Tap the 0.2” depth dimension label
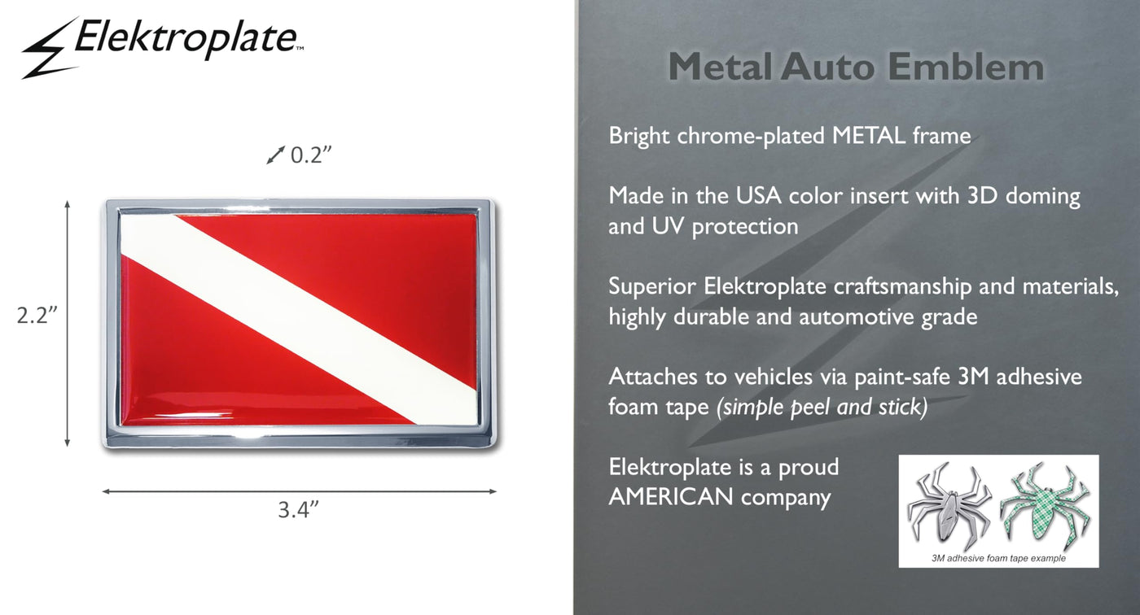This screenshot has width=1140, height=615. (x=311, y=155)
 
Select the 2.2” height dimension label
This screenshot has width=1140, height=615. (x=37, y=315)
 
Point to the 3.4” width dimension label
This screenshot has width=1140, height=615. (x=298, y=509)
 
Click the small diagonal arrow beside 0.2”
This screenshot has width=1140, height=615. (x=276, y=155)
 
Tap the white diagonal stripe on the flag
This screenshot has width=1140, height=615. (x=300, y=319)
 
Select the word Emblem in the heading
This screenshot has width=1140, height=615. (x=966, y=67)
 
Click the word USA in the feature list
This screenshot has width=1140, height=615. (x=758, y=196)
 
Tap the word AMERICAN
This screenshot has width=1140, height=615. (x=671, y=496)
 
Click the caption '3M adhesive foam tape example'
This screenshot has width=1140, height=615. (x=998, y=558)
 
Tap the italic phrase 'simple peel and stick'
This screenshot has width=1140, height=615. (x=822, y=407)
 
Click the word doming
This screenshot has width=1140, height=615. (x=1043, y=197)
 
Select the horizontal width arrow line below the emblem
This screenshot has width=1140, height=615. (x=300, y=491)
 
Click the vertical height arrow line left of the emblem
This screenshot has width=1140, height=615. (x=67, y=324)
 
